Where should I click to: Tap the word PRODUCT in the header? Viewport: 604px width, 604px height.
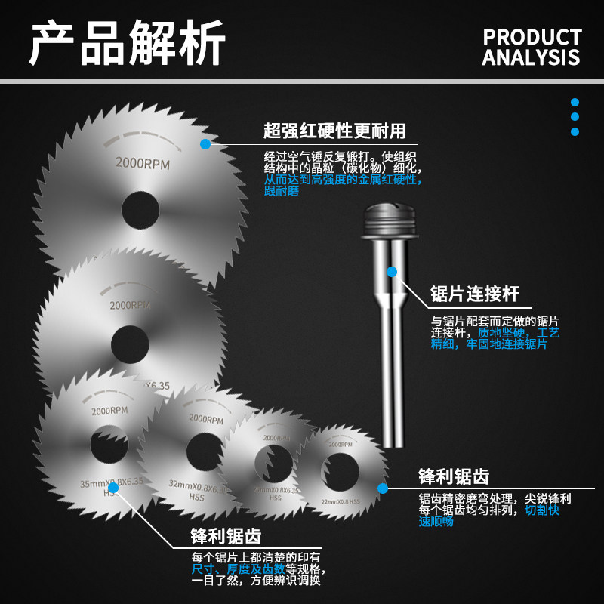coord(532,37)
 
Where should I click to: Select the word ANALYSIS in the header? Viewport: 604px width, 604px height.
coord(532,57)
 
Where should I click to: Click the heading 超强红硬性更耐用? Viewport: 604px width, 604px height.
coord(334,131)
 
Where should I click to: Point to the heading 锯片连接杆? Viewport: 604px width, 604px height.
coord(475,294)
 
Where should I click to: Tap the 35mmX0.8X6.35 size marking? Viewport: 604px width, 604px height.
coord(112,481)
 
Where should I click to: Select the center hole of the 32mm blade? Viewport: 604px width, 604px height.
coord(205,451)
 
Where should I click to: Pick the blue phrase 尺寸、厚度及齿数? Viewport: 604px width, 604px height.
coord(225,569)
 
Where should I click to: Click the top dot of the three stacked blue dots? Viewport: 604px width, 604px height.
coord(575,102)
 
